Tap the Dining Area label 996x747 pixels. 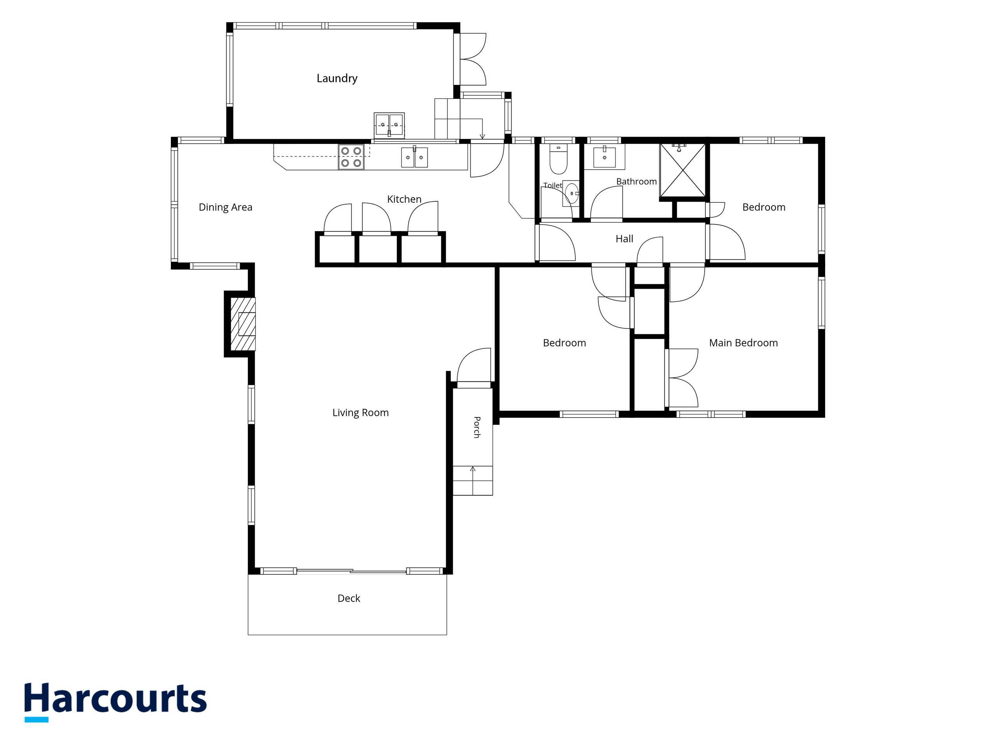[226, 207]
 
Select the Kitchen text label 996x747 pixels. [404, 199]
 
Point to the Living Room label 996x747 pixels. [361, 413]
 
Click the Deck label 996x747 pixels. [349, 598]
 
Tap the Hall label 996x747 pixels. [624, 238]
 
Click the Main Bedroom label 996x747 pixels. [743, 343]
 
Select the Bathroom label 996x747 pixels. [636, 181]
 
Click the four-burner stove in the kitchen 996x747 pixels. [351, 157]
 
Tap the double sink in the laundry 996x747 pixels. [389, 125]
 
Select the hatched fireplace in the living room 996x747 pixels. [243, 324]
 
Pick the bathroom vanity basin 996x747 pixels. [604, 157]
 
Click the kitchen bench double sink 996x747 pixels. [414, 158]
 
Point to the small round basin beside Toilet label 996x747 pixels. [572, 194]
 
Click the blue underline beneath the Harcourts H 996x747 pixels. [37, 719]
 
